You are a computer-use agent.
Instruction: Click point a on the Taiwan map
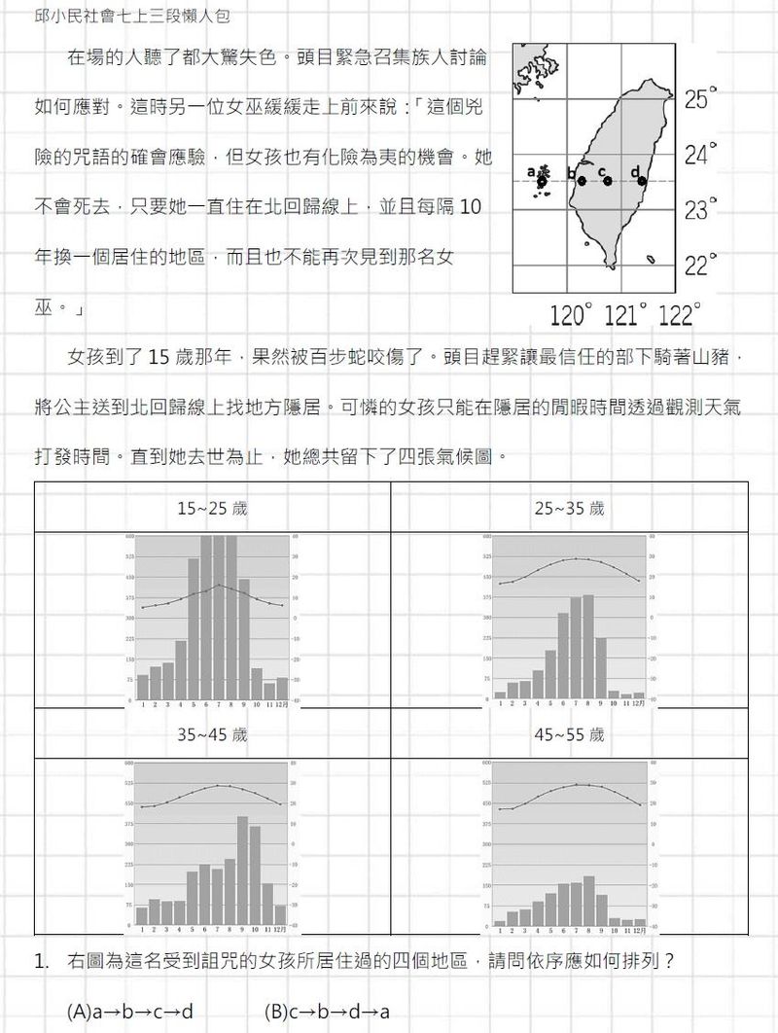coord(542,182)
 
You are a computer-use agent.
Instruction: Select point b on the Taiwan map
coord(582,181)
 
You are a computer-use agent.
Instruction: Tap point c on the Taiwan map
coord(608,181)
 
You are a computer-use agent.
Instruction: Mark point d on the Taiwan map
coord(642,181)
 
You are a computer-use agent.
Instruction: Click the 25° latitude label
coord(700,99)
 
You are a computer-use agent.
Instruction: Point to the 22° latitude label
coord(700,265)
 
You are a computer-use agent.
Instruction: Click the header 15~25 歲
coord(212,509)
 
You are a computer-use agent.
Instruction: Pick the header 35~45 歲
coord(212,735)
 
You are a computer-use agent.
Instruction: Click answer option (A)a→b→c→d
coord(130,1012)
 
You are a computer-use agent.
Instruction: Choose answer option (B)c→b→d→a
coord(327,1012)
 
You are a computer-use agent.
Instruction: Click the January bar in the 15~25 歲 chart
coord(143,687)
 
